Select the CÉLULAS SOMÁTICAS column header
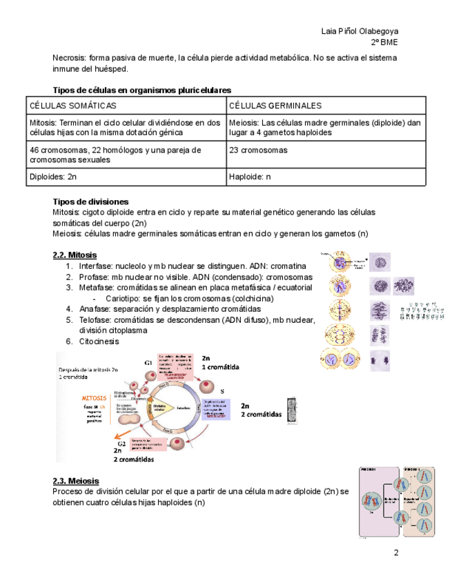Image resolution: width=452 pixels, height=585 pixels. (72, 106)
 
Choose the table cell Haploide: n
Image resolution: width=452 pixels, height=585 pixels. (250, 176)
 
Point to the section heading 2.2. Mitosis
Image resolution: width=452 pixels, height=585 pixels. (75, 255)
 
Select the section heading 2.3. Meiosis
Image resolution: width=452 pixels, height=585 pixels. (76, 481)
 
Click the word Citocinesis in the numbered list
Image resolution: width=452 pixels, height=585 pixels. (99, 341)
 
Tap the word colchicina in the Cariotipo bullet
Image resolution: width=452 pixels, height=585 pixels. (251, 298)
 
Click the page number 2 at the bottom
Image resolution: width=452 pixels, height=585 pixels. (396, 553)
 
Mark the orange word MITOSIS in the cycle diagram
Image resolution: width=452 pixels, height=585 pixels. (94, 399)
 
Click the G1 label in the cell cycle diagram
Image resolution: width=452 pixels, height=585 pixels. (148, 363)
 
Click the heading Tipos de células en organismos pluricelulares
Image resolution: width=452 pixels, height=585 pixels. (142, 90)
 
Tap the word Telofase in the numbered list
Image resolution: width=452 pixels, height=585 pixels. (95, 319)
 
